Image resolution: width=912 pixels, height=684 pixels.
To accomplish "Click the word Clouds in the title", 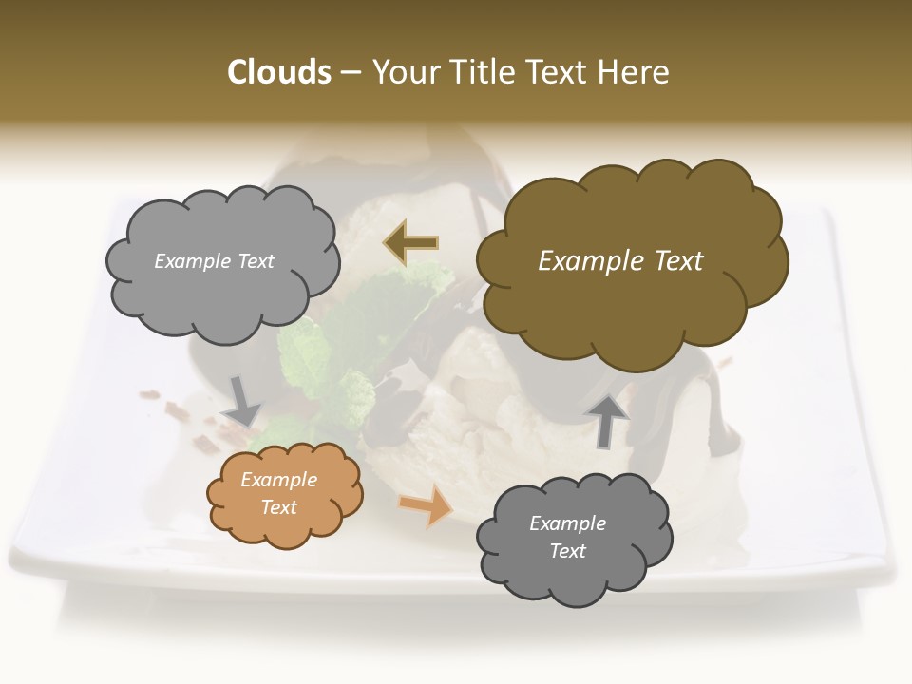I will [x=279, y=72].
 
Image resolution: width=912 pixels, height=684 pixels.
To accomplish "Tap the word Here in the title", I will [x=633, y=72].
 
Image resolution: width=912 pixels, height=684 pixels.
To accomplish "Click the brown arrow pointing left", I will [x=410, y=242].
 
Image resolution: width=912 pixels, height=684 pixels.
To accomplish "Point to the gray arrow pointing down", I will [x=242, y=400].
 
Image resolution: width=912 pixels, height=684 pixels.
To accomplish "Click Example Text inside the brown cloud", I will [x=620, y=261].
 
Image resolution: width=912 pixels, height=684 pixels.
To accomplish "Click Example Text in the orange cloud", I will [x=278, y=494].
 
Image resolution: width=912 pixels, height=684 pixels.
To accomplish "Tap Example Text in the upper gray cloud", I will [x=214, y=261].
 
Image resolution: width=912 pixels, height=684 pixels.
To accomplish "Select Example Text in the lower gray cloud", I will [x=567, y=537].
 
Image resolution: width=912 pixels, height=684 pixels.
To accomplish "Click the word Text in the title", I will [x=559, y=72].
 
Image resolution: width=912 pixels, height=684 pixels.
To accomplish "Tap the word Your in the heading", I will [x=406, y=72].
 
